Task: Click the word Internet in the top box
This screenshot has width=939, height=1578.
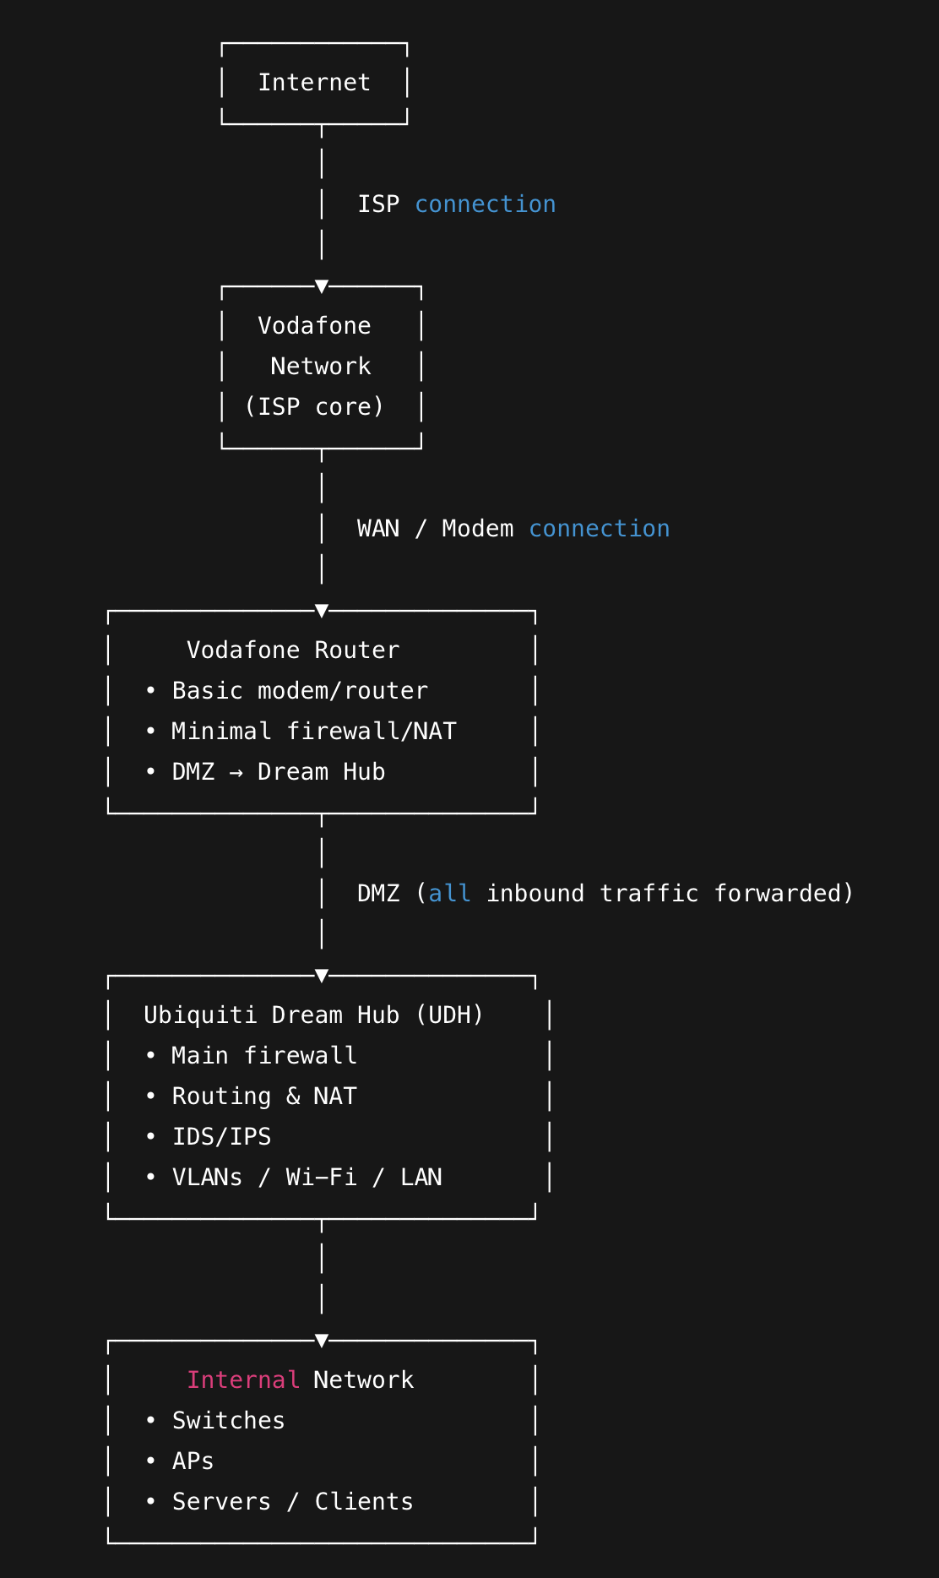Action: coord(314,83)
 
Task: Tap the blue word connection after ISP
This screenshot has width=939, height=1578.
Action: coord(485,204)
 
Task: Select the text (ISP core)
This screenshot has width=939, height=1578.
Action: coord(314,407)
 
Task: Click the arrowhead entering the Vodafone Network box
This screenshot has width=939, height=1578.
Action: coord(322,286)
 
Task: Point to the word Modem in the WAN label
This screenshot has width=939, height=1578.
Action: coord(477,529)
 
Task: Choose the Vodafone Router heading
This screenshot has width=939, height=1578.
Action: coord(292,650)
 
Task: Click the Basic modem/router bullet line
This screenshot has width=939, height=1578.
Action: coord(300,691)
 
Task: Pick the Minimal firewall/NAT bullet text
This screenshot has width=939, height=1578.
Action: coord(313,732)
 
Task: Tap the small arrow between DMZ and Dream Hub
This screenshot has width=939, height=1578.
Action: coord(236,773)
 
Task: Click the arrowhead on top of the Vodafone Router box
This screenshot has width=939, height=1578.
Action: coord(322,611)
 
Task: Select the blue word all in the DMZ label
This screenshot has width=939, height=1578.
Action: coord(449,894)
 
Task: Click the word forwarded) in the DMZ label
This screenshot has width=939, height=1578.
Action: coord(784,894)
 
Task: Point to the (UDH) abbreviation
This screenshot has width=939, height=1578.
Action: coord(449,1015)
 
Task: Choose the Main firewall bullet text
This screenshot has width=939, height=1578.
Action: coord(264,1056)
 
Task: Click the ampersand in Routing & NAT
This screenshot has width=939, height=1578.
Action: coord(293,1096)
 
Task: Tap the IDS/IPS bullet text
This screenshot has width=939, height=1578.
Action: coord(221,1137)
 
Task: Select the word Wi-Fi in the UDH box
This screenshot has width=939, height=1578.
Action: coord(321,1178)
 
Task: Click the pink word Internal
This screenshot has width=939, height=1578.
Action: coord(243,1380)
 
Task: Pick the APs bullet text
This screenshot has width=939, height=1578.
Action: coord(193,1461)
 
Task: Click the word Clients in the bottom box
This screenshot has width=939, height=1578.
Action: coord(364,1502)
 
